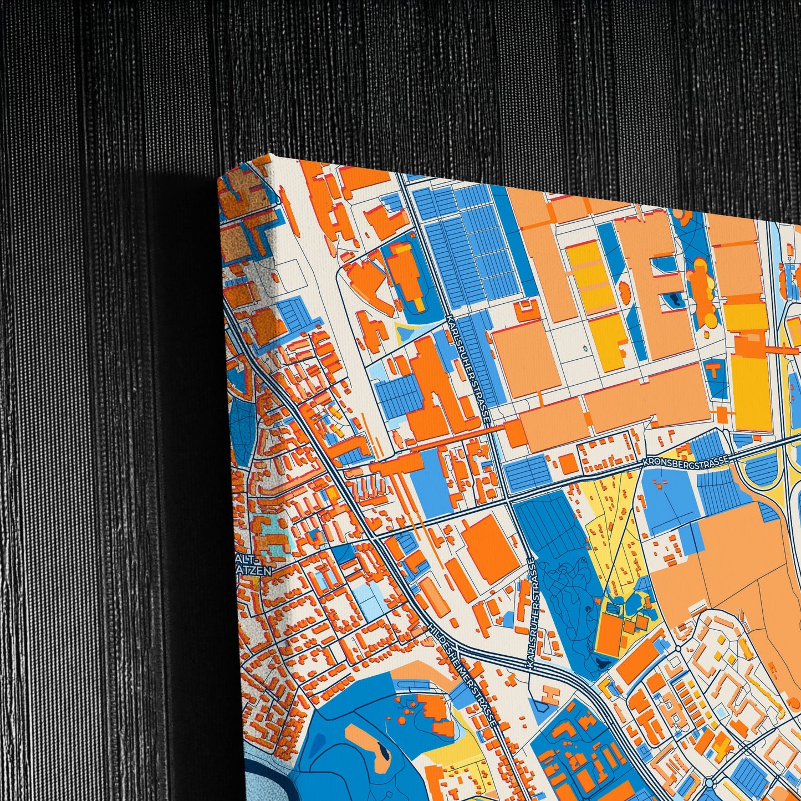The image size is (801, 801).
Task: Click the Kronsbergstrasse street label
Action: [x=685, y=460]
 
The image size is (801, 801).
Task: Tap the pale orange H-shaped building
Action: [x=550, y=693]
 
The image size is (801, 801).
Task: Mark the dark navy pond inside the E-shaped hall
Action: [x=675, y=300]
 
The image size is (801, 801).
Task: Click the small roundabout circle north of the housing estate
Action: [x=678, y=647]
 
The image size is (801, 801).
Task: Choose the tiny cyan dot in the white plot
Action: [x=584, y=349]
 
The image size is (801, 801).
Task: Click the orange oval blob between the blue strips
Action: [x=625, y=289]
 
